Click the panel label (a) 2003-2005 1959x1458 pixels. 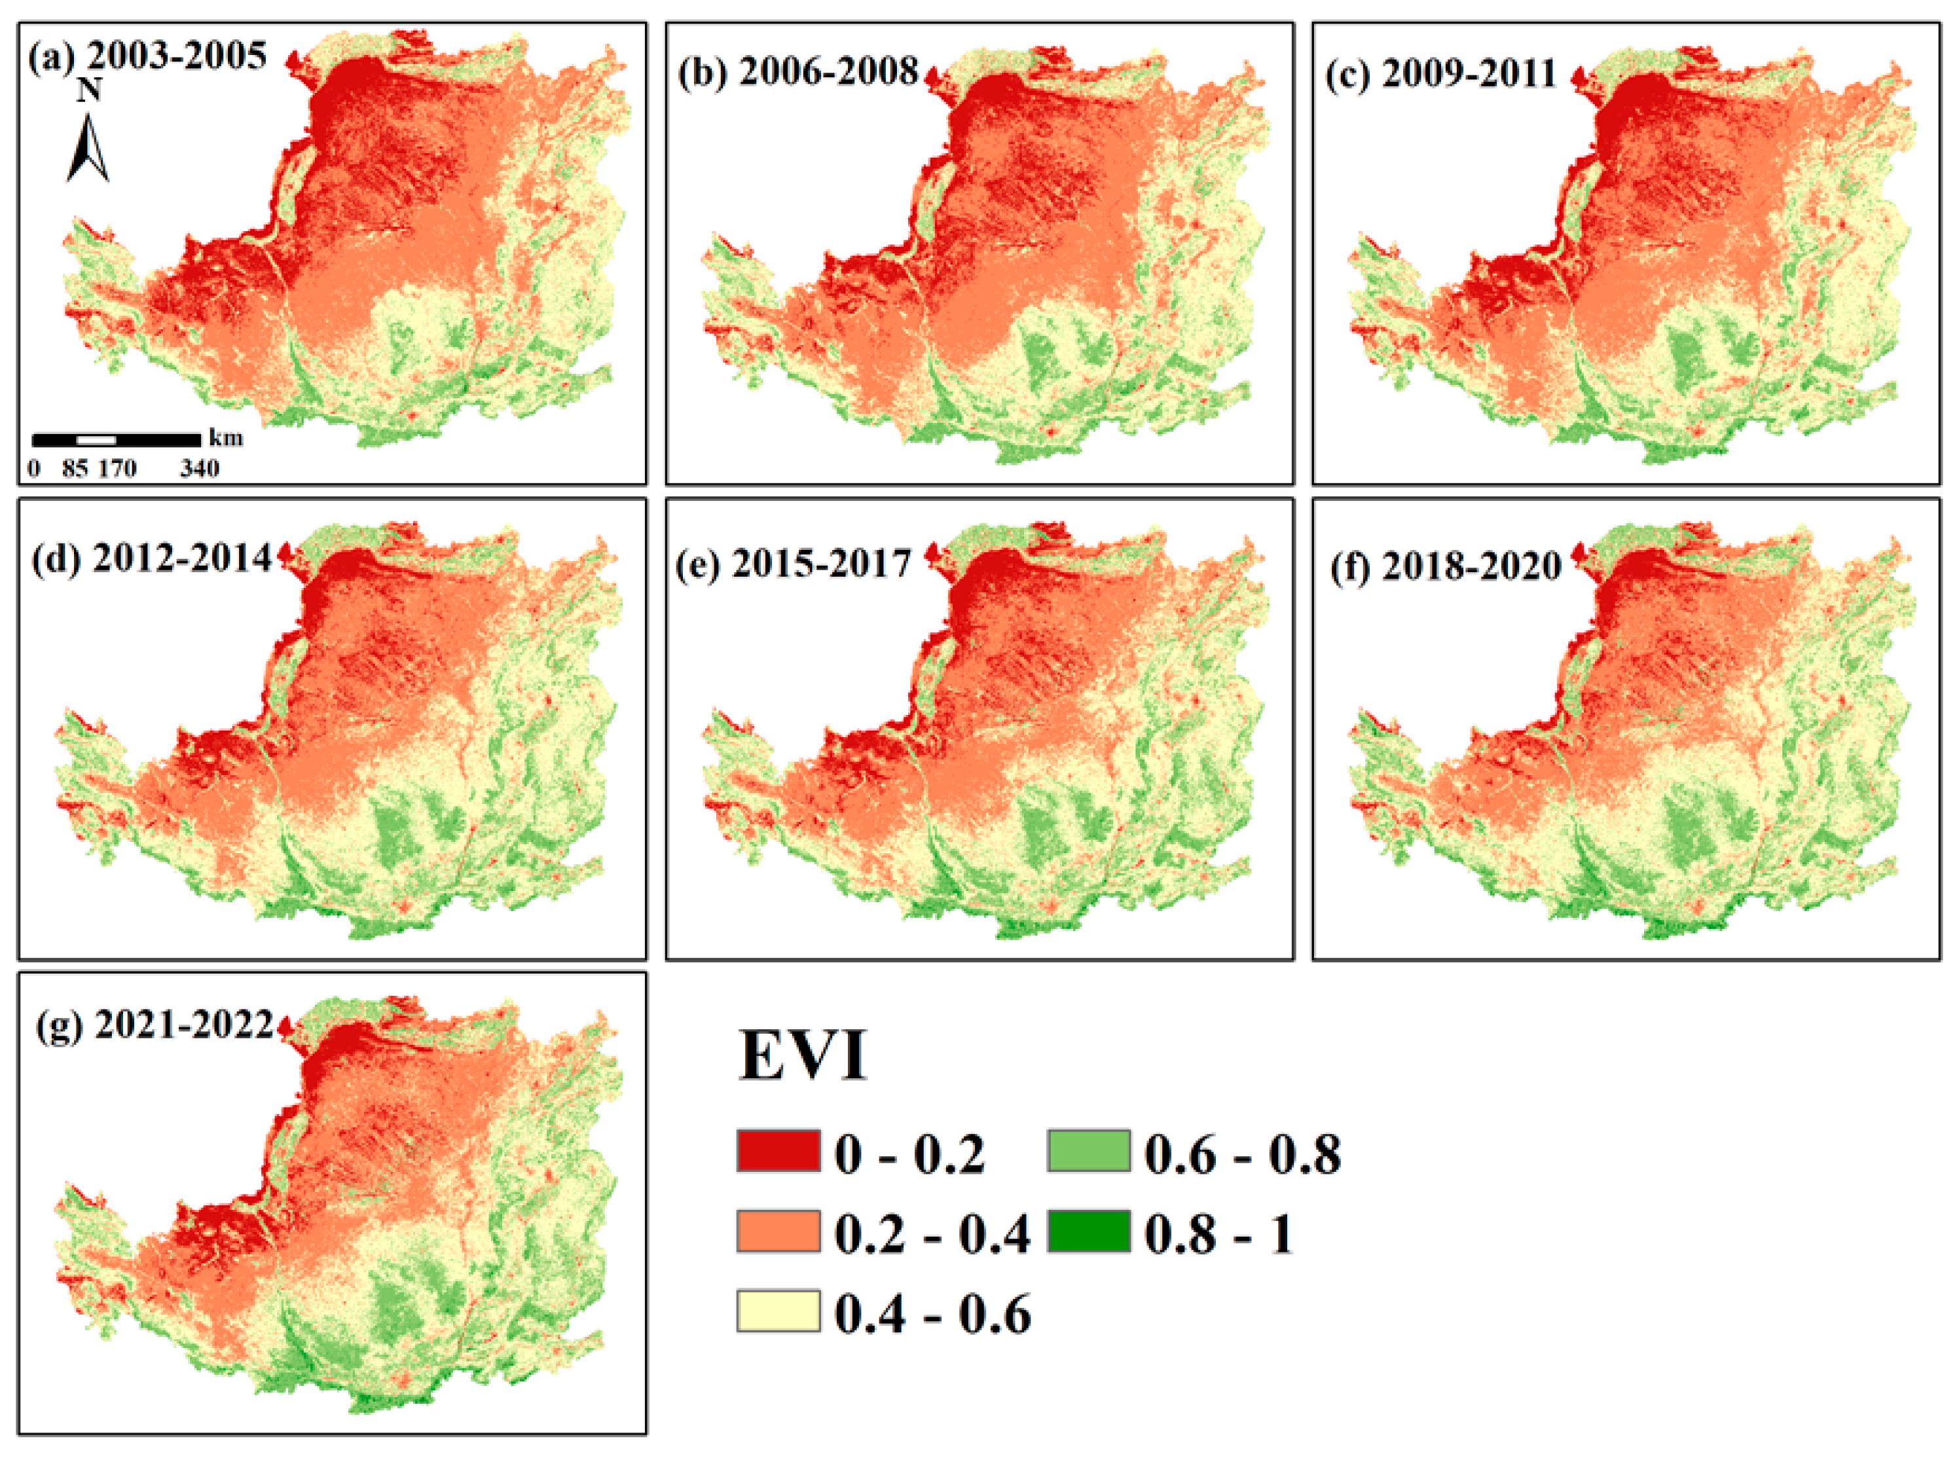click(x=147, y=56)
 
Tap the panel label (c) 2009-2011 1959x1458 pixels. click(x=1440, y=74)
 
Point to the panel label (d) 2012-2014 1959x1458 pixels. click(x=151, y=558)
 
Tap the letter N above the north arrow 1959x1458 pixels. click(x=89, y=90)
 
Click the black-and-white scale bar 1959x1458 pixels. click(x=116, y=439)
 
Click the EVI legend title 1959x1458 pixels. click(x=802, y=1055)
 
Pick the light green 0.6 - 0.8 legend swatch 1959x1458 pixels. click(x=1088, y=1151)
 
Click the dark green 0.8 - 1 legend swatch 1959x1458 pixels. click(x=1088, y=1231)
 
